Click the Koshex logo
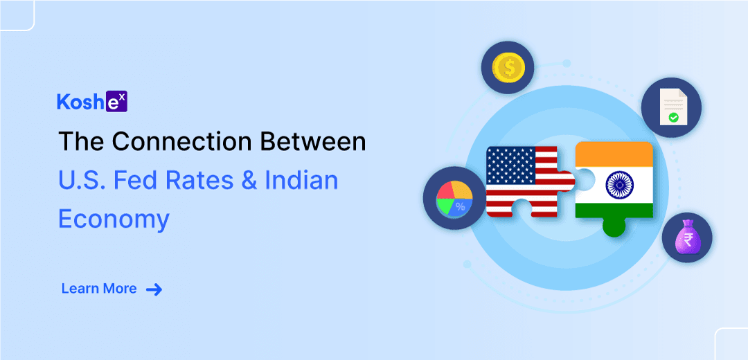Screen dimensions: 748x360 pos(92,102)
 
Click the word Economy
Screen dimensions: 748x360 pos(114,220)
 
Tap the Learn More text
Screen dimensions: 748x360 pos(99,289)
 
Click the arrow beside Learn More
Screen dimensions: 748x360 pos(154,289)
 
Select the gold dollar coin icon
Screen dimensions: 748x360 pos(508,68)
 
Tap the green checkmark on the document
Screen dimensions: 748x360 pos(673,117)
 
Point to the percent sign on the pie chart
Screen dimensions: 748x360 pos(461,206)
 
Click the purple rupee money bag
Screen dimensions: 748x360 pos(687,237)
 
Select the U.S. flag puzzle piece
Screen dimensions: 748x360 pos(530,182)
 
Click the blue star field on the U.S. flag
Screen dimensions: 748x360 pos(510,165)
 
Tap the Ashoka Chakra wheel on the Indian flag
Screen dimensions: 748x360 pos(620,185)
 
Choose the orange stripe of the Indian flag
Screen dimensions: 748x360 pos(614,154)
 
